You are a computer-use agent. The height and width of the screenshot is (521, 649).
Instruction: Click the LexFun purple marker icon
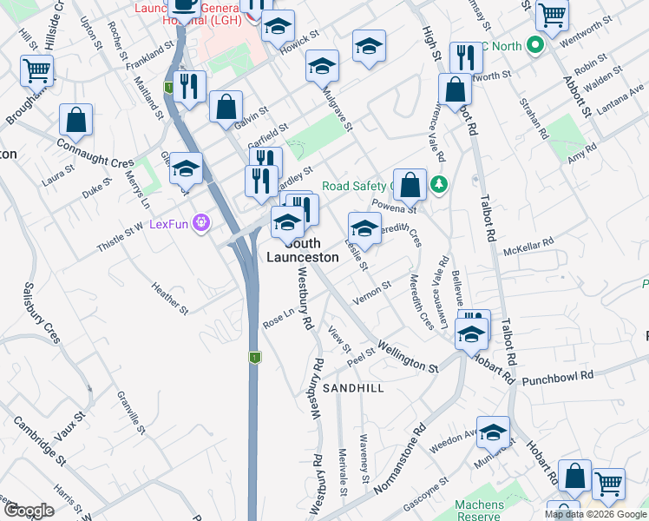(202, 223)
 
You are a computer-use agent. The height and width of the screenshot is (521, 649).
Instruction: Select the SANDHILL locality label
(353, 388)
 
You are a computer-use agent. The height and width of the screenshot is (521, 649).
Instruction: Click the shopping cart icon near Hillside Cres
(36, 70)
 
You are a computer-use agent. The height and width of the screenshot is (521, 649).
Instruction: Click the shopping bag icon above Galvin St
(226, 107)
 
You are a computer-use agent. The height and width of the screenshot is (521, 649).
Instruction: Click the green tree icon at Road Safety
(440, 184)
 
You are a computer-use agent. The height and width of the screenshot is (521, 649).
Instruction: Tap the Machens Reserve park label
(479, 511)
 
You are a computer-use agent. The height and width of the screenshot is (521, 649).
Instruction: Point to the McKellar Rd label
(528, 247)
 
